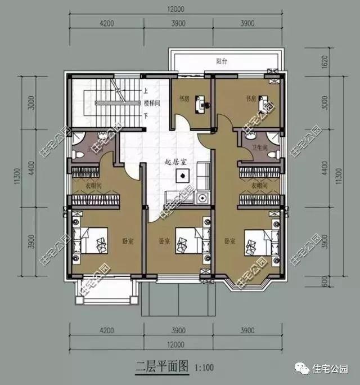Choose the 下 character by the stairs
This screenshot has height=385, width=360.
[146, 116]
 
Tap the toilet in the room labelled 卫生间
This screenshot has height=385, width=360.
[273, 154]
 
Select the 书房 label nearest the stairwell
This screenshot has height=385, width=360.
[183, 98]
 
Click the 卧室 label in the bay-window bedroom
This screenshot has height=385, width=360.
[229, 241]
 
